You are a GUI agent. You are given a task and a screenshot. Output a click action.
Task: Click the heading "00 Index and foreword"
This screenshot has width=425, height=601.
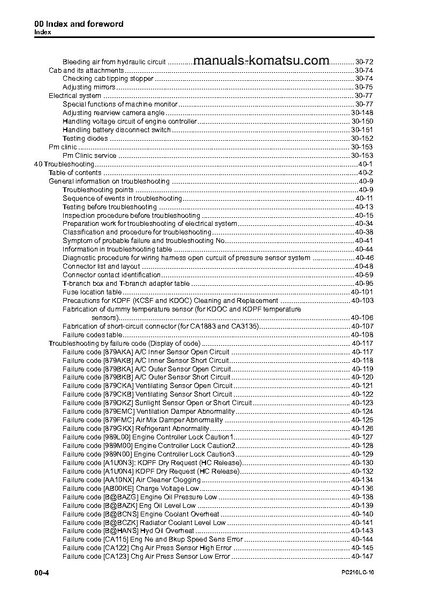(x=79, y=24)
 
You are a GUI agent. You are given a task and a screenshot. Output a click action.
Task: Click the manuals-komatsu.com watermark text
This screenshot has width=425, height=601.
(x=261, y=61)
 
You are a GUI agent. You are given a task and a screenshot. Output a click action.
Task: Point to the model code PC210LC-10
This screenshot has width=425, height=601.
(x=357, y=573)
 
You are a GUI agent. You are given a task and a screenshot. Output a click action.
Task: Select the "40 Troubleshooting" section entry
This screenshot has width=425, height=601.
(x=64, y=164)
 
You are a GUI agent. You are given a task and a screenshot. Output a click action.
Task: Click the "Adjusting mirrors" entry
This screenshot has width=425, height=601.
(x=89, y=87)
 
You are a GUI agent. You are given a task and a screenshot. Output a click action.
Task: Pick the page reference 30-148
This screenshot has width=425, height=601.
(x=362, y=113)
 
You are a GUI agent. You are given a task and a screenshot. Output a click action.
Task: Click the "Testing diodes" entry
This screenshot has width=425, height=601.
(x=85, y=139)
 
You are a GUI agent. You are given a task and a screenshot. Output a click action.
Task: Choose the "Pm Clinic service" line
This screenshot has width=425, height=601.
(x=89, y=156)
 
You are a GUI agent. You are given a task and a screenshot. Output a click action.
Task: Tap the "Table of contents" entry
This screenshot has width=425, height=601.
(x=75, y=173)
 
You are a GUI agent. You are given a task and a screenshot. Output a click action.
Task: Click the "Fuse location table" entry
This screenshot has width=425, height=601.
(x=92, y=292)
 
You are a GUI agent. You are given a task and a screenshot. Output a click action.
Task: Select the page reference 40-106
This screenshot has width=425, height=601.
(x=362, y=318)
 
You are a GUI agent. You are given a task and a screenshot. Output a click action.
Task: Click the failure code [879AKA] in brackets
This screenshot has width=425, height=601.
(x=117, y=352)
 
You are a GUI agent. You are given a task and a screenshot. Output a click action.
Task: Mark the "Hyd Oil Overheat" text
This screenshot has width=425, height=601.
(x=167, y=531)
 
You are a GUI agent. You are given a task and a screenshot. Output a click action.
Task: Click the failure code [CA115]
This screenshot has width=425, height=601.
(x=115, y=539)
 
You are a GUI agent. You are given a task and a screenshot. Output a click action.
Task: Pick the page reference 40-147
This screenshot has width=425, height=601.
(x=362, y=557)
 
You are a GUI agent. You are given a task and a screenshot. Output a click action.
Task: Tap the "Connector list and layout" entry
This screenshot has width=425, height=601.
(x=101, y=267)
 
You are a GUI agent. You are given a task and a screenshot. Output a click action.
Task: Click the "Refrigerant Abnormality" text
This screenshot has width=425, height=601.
(x=172, y=429)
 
